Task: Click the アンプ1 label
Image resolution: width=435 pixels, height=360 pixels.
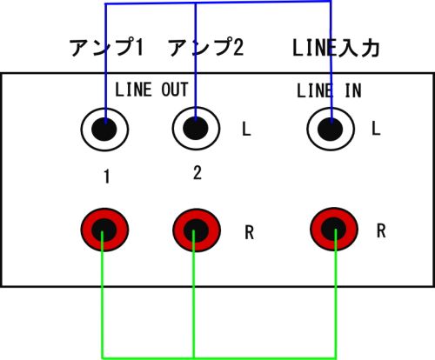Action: click(x=107, y=47)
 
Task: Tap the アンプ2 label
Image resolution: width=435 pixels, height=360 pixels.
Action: click(x=206, y=47)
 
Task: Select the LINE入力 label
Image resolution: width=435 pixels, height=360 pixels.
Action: click(x=336, y=48)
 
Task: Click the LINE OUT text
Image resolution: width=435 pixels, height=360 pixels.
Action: click(x=151, y=90)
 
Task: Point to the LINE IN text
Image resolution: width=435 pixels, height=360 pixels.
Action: click(x=329, y=90)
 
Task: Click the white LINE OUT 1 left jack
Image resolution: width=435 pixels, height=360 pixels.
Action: click(x=104, y=129)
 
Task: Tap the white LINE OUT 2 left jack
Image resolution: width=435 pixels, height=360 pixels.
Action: click(x=196, y=128)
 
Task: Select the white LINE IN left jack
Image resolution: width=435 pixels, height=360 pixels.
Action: click(x=331, y=129)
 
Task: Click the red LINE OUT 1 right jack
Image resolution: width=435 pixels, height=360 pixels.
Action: click(x=104, y=230)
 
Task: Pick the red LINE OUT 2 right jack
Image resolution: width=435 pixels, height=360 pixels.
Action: click(x=197, y=230)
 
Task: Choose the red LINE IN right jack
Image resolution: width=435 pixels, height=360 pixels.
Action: click(x=334, y=229)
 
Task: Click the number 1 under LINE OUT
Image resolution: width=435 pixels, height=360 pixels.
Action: click(x=107, y=177)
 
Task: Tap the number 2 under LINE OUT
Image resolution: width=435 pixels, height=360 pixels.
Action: click(x=197, y=173)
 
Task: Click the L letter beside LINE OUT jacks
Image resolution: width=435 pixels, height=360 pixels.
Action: click(x=246, y=129)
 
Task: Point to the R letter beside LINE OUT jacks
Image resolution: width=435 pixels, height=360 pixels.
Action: click(x=250, y=232)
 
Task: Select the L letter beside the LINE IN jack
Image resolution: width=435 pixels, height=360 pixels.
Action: click(x=376, y=128)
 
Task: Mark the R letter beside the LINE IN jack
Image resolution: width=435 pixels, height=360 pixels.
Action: click(x=381, y=230)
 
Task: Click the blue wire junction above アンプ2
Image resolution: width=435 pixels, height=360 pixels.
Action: click(x=196, y=3)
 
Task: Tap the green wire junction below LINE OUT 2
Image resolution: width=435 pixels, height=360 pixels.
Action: click(x=194, y=357)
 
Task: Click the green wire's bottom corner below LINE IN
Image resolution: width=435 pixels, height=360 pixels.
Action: click(x=336, y=357)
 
